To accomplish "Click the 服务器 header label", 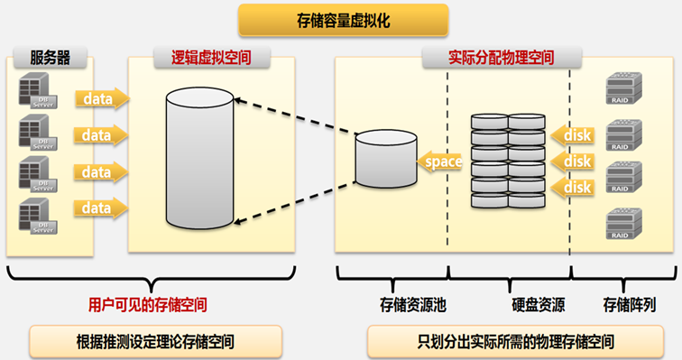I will pyautogui.click(x=50, y=58).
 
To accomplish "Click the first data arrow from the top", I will pyautogui.click(x=102, y=97).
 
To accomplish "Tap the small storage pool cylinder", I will pyautogui.click(x=385, y=160).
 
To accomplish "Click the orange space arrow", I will pyautogui.click(x=440, y=162).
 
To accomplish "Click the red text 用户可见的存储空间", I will pyautogui.click(x=147, y=304).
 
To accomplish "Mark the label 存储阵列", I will pyautogui.click(x=628, y=304).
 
